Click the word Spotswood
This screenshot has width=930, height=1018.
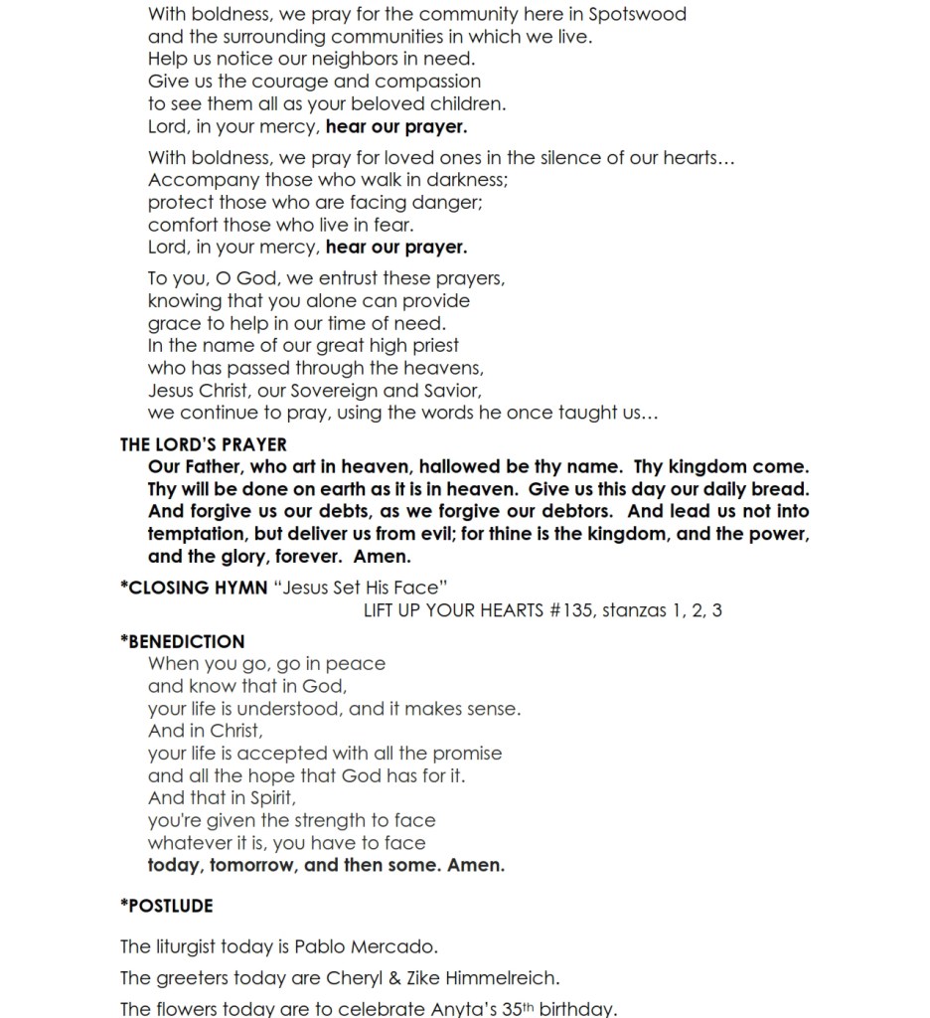tap(637, 15)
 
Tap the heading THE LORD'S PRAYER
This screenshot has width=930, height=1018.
tap(204, 445)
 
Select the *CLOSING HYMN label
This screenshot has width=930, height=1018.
tap(193, 588)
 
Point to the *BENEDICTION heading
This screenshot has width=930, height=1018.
tap(182, 641)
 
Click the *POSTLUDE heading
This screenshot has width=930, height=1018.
tap(166, 906)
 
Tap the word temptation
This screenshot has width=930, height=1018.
tap(194, 534)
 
